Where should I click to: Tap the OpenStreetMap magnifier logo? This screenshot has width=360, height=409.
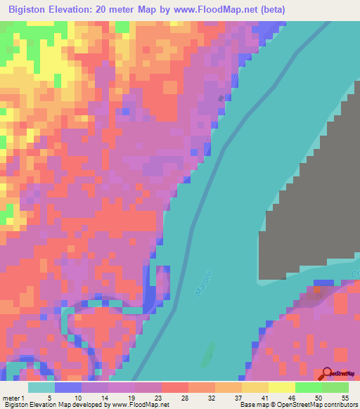[x=327, y=373]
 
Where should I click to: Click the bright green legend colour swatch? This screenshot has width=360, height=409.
[x=308, y=387]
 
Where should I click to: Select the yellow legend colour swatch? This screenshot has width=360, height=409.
[x=281, y=387]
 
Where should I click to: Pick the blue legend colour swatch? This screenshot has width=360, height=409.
[x=68, y=387]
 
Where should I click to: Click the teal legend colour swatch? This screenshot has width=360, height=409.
[x=41, y=387]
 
